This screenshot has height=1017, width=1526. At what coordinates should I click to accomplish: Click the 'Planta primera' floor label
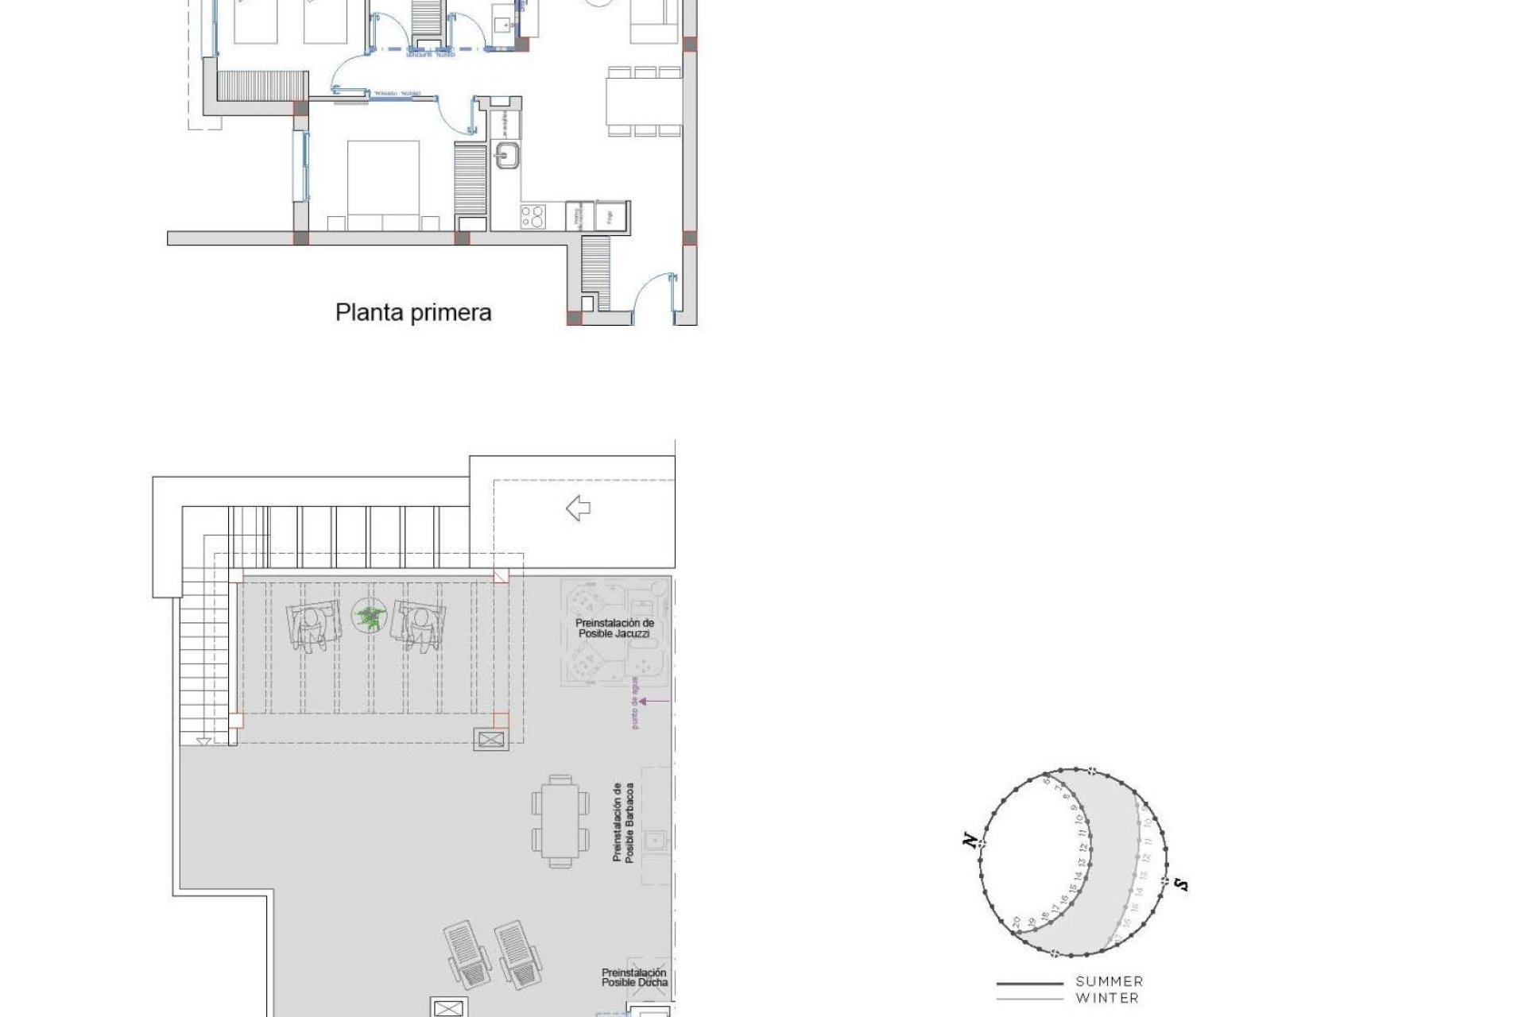(413, 312)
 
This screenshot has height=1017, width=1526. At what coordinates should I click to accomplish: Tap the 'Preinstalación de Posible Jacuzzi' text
(614, 628)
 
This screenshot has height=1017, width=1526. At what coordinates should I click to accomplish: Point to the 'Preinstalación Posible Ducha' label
(634, 977)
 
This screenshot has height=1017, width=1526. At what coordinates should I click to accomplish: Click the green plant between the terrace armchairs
(367, 617)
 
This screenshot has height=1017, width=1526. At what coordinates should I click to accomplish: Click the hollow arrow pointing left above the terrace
(578, 508)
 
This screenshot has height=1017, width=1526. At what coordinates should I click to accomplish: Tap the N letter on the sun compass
(970, 840)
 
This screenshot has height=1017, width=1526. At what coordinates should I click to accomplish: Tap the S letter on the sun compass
(1182, 884)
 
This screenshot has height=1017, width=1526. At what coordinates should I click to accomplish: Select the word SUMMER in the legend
(1109, 982)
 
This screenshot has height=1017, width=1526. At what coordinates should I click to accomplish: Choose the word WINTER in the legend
(1107, 998)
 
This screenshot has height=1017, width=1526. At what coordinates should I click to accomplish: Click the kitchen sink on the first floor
(505, 156)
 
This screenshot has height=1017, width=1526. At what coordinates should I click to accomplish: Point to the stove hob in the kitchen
(532, 215)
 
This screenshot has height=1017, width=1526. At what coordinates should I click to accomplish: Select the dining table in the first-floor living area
(645, 102)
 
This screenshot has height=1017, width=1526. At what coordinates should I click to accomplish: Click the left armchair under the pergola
(316, 628)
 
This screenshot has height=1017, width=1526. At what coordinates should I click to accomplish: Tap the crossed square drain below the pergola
(491, 740)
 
